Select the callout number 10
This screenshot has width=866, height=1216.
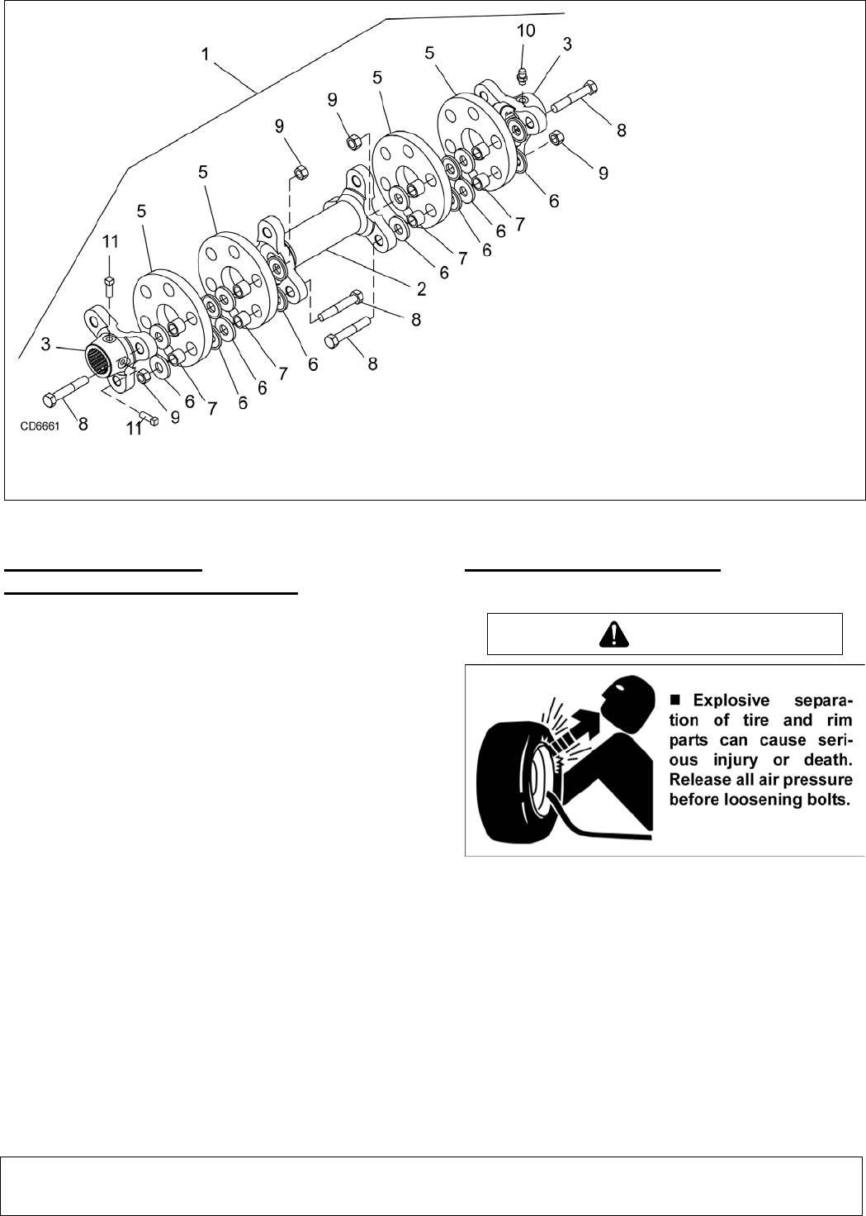(x=526, y=31)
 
